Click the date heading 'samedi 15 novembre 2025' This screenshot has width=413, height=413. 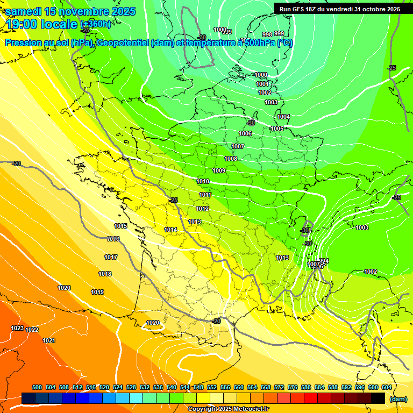(x=70, y=11)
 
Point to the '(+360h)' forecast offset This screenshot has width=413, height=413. (x=96, y=24)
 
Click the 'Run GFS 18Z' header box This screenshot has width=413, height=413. (x=339, y=9)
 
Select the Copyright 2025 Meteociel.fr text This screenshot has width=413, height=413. (x=229, y=409)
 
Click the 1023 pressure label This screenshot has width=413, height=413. (x=17, y=328)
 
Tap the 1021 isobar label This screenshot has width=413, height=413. (x=49, y=340)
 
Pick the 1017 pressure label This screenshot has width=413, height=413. (x=111, y=258)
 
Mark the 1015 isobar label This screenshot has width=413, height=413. (x=120, y=226)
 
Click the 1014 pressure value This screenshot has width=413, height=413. (x=170, y=230)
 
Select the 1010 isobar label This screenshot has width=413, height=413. (x=203, y=182)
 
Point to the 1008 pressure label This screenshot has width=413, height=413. (x=231, y=159)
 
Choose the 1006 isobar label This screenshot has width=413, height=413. (x=245, y=134)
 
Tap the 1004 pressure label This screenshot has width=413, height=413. (x=283, y=117)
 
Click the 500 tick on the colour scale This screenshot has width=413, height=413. (x=37, y=387)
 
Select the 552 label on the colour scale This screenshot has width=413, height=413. (x=212, y=387)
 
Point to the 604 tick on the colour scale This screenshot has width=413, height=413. (x=387, y=387)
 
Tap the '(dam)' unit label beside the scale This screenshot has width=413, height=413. (x=397, y=399)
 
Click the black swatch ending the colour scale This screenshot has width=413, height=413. (x=378, y=398)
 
